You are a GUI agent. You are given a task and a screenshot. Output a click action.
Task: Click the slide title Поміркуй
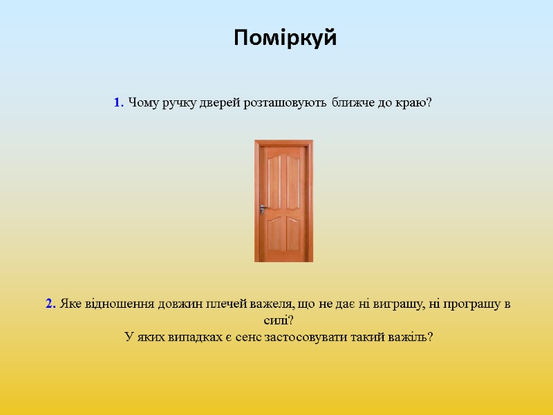pos(285,37)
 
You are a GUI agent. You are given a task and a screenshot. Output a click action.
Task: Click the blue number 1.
pos(118,103)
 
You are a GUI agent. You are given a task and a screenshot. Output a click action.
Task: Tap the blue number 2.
pos(50,304)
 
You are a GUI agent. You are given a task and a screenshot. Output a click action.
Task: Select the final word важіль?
pos(410,338)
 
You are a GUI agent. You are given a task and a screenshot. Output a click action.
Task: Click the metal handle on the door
pos(264,208)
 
